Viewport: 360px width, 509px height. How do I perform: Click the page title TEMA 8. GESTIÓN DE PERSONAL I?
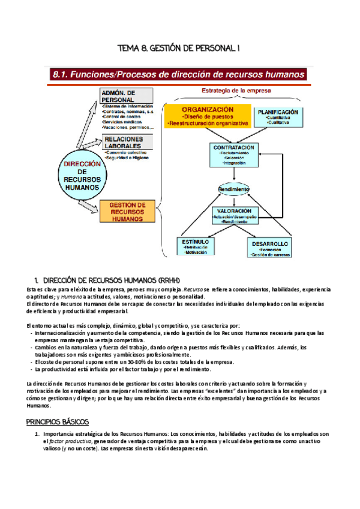(179, 47)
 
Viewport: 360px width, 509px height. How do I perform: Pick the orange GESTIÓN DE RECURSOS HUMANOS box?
(130, 211)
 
